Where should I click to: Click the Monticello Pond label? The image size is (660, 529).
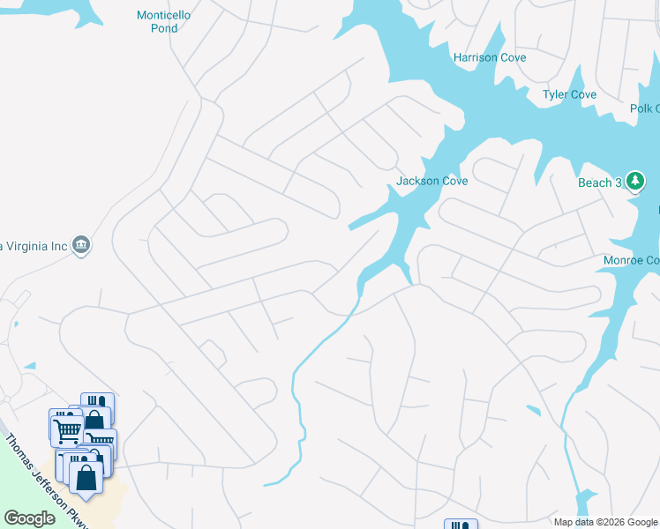click(163, 22)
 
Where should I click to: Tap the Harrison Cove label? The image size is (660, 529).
click(490, 57)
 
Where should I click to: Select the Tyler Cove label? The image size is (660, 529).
click(569, 94)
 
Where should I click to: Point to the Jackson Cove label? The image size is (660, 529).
click(431, 181)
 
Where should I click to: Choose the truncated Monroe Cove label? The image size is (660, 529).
click(631, 260)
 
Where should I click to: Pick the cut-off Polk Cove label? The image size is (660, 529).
click(645, 108)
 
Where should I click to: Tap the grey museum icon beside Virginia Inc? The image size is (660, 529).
click(81, 243)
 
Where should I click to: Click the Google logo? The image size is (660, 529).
click(29, 518)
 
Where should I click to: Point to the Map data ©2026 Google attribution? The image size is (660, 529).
click(605, 522)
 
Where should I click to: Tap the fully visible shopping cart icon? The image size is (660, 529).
click(68, 430)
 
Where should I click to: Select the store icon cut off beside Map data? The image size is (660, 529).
click(460, 525)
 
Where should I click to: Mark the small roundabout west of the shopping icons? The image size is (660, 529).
click(8, 399)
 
